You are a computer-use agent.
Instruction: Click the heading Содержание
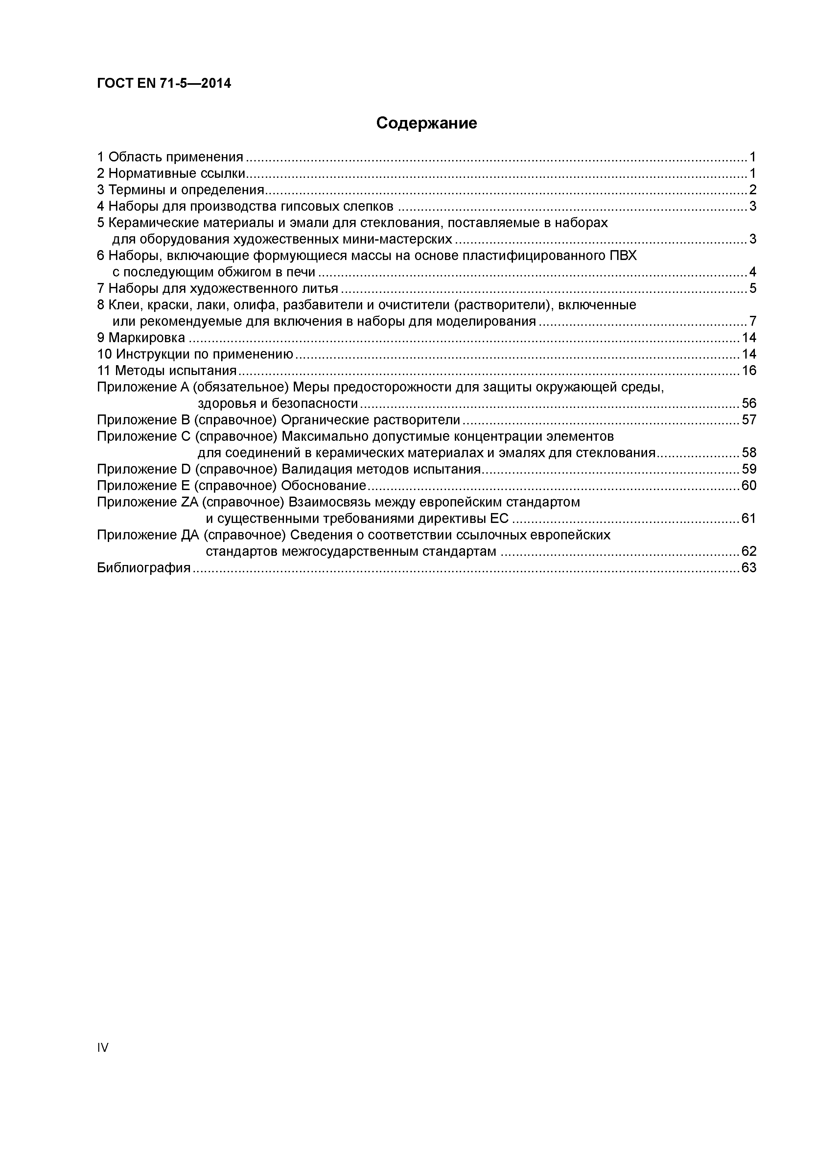pyautogui.click(x=426, y=123)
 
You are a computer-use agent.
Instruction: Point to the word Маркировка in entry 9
pyautogui.click(x=147, y=338)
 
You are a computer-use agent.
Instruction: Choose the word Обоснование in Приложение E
pyautogui.click(x=323, y=485)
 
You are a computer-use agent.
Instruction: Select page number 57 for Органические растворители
pyautogui.click(x=748, y=420)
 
